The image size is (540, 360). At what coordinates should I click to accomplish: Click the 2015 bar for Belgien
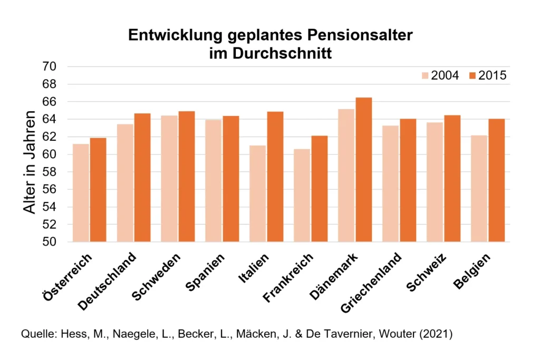pyautogui.click(x=496, y=180)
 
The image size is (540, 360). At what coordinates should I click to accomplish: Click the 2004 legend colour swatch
pyautogui.click(x=425, y=75)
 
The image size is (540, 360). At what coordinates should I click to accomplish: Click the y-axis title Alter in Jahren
pyautogui.click(x=31, y=162)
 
